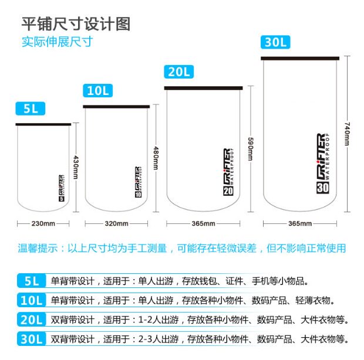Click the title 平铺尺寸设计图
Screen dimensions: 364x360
[x=75, y=23]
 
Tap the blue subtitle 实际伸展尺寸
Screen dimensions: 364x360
[x=57, y=42]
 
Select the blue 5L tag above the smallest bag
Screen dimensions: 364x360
[x=31, y=109]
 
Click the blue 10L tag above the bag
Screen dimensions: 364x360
[x=99, y=91]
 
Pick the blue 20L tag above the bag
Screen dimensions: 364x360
[x=178, y=72]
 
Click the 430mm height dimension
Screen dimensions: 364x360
[x=75, y=168]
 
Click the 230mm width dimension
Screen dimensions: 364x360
[x=43, y=223]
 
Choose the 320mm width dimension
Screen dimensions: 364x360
[x=117, y=223]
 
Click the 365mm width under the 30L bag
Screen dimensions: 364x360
[x=301, y=223]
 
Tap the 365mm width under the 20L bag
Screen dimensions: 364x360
[x=203, y=223]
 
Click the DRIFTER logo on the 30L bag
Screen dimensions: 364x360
[x=323, y=164]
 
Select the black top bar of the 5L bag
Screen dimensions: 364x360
[x=43, y=124]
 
